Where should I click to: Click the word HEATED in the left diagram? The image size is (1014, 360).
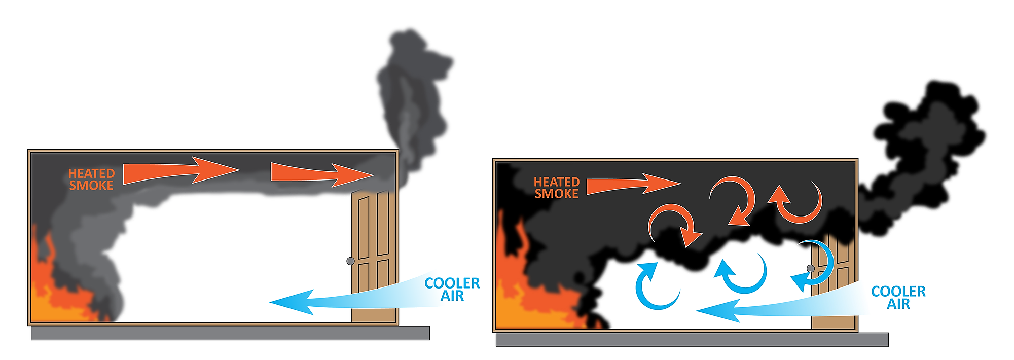pyautogui.click(x=91, y=173)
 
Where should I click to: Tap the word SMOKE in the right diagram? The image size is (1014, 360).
pyautogui.click(x=556, y=194)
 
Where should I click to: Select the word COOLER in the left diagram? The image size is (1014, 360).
pyautogui.click(x=452, y=283)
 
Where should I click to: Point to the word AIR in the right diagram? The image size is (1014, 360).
pyautogui.click(x=898, y=304)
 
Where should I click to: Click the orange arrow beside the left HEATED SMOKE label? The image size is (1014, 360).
pyautogui.click(x=180, y=171)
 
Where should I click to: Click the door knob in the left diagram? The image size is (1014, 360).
pyautogui.click(x=350, y=261)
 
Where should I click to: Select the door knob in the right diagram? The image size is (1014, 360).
pyautogui.click(x=810, y=268)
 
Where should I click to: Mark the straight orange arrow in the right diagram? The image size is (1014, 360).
pyautogui.click(x=631, y=185)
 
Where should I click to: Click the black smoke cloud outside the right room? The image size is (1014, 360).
pyautogui.click(x=928, y=147)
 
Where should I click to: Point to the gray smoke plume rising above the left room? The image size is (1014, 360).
pyautogui.click(x=411, y=91)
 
